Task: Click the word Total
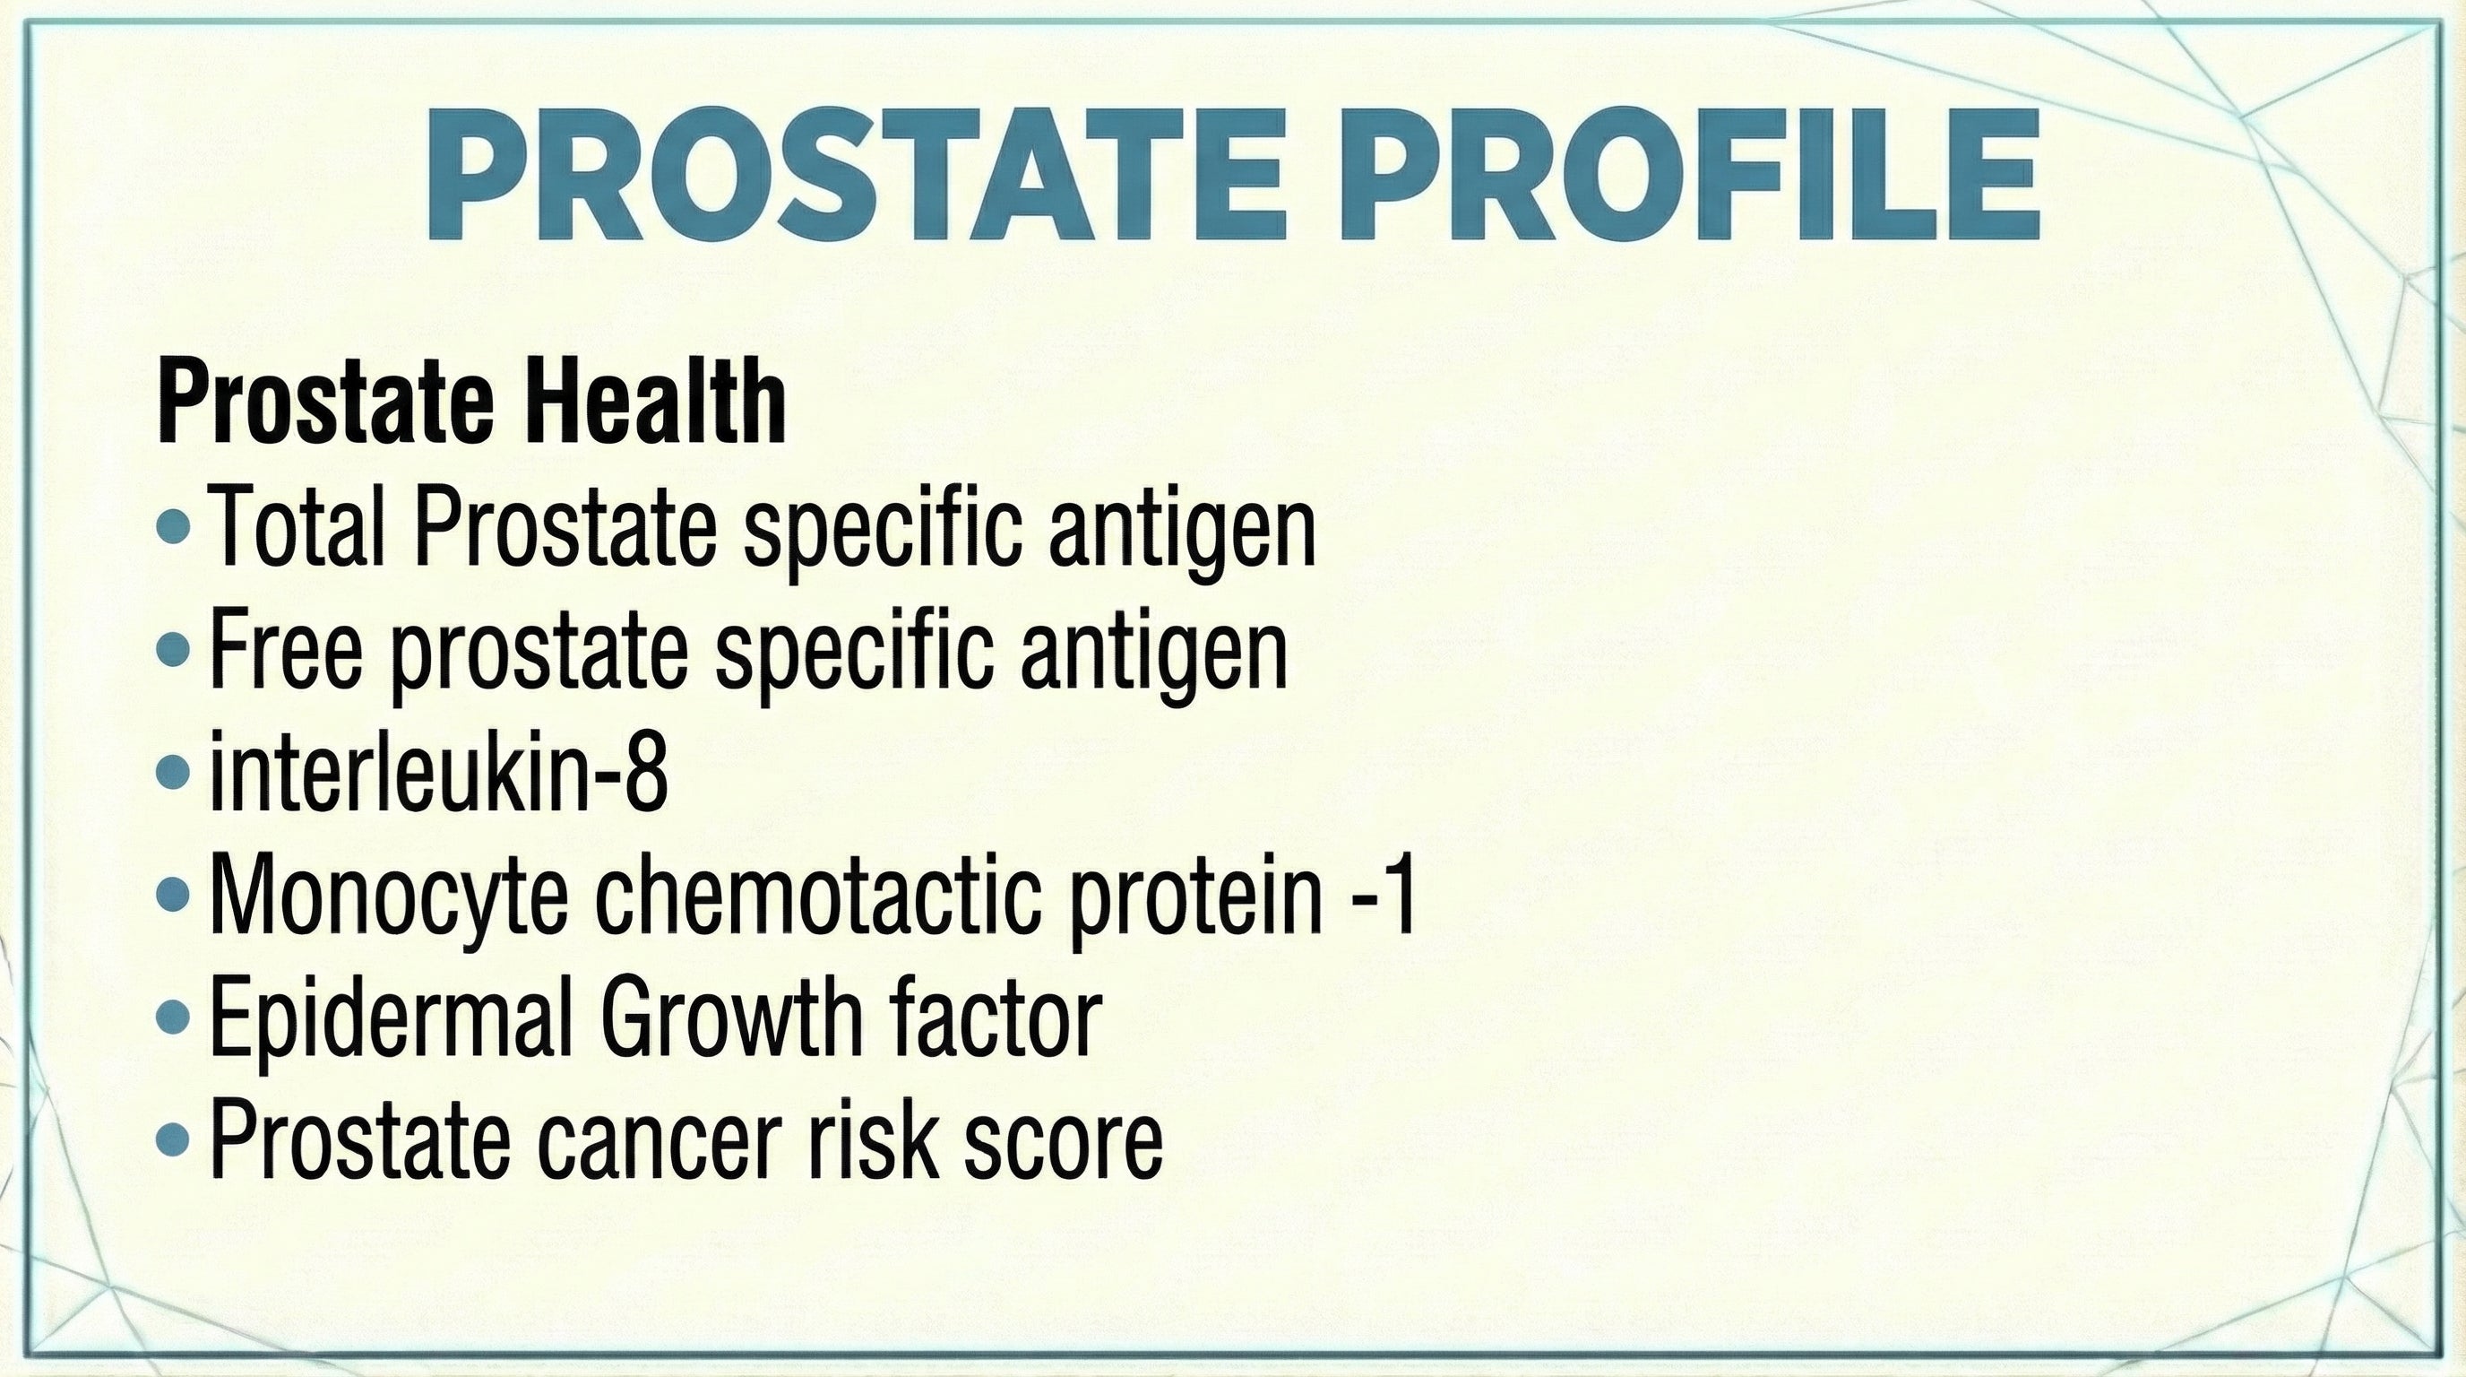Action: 297,526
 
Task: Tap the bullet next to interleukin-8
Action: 173,772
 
